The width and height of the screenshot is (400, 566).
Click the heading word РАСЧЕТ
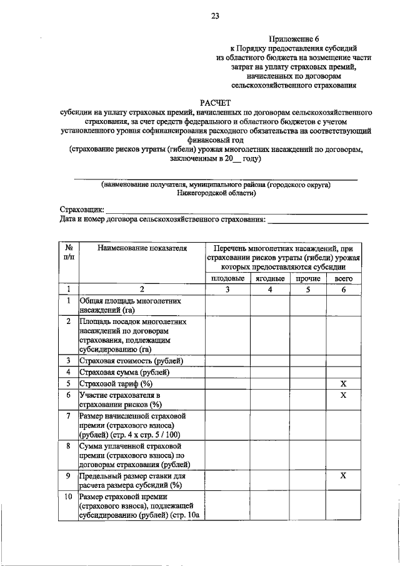tap(215, 101)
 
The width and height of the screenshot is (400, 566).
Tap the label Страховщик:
tap(82, 209)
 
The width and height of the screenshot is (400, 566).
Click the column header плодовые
tap(227, 278)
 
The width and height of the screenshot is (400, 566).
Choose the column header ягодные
tap(270, 278)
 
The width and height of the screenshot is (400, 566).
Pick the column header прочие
tap(307, 278)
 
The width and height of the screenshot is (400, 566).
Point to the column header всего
tap(343, 278)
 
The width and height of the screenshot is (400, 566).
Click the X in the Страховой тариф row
tap(343, 383)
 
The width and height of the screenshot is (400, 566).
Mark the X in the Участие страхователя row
tap(343, 395)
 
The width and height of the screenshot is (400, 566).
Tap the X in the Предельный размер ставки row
tap(343, 476)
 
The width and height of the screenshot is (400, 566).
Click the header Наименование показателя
tap(142, 248)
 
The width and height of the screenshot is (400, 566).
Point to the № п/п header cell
tap(68, 253)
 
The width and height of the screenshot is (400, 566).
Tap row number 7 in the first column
tap(68, 416)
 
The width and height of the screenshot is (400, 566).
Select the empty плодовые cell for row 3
tap(227, 361)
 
